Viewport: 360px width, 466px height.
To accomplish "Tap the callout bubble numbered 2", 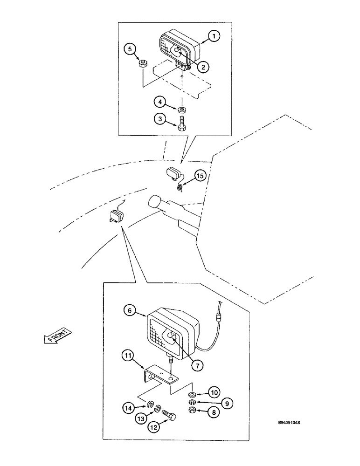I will (x=203, y=67).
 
